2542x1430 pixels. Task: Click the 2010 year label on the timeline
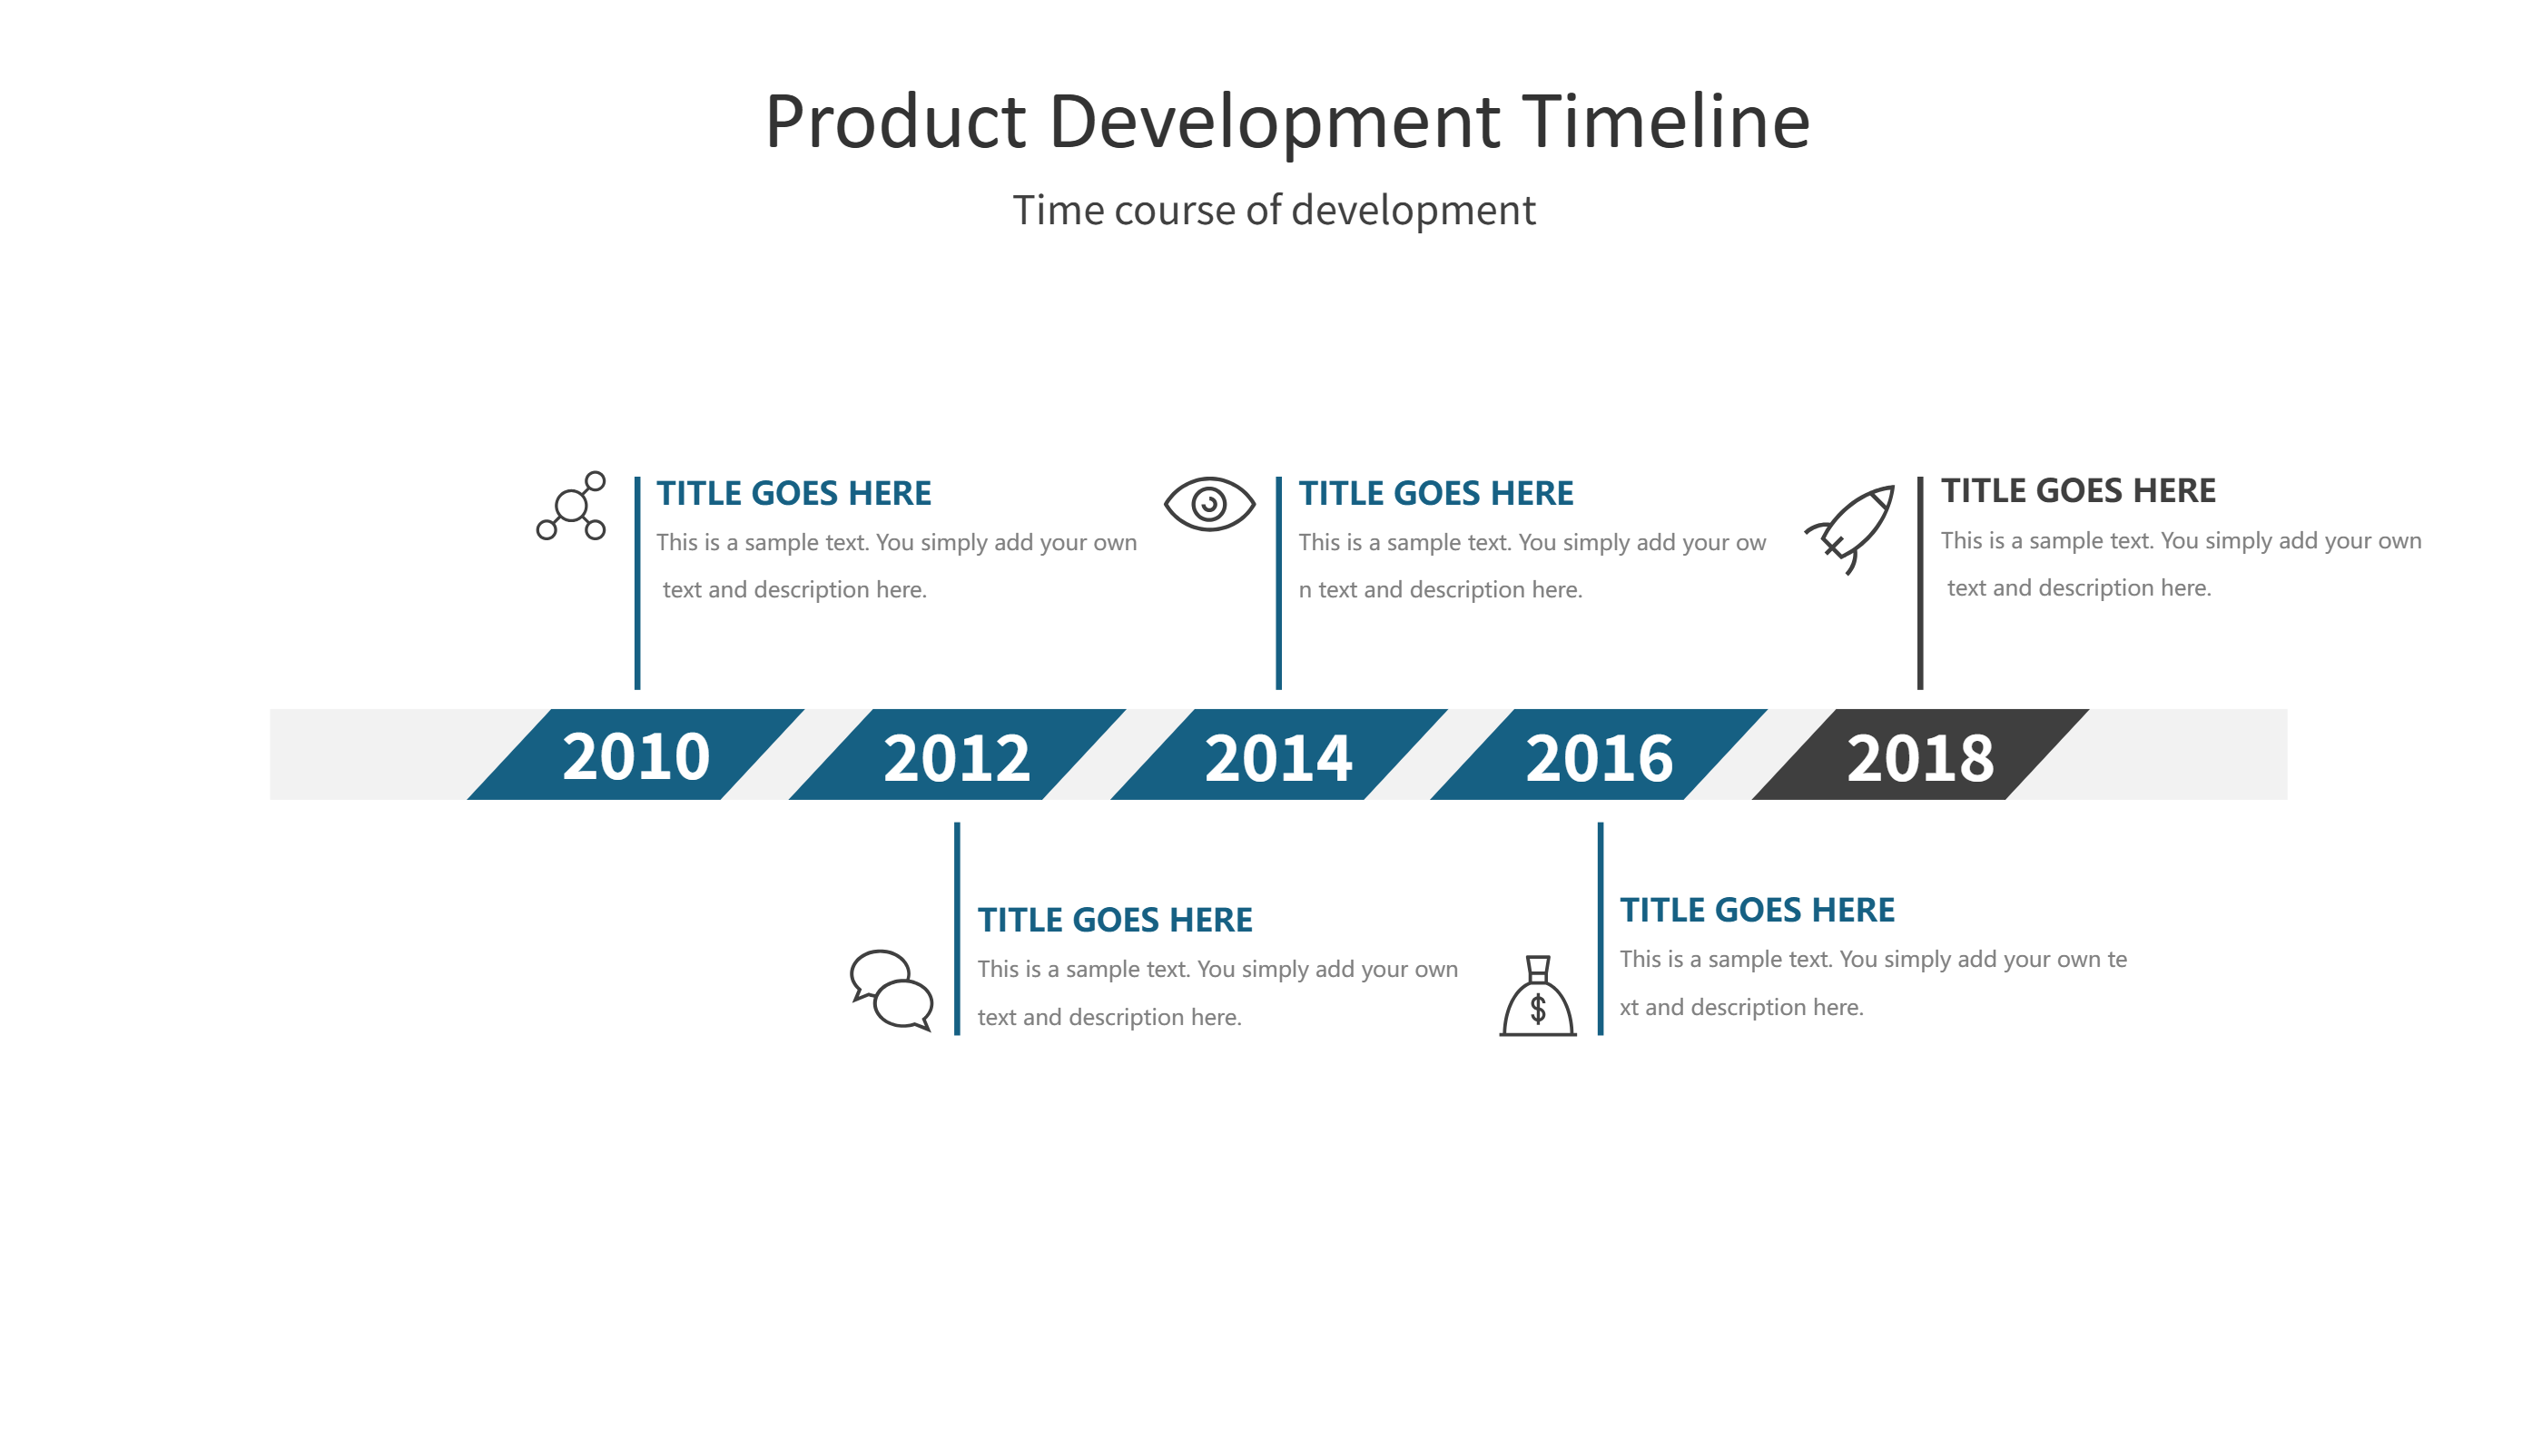click(635, 756)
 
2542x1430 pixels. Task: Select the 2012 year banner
click(956, 756)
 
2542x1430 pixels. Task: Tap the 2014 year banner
click(1278, 756)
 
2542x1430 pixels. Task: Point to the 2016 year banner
click(1599, 756)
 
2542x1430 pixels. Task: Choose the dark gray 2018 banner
click(1919, 756)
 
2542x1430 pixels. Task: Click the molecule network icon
click(571, 507)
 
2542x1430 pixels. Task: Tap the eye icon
click(1209, 504)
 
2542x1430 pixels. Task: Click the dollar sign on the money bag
click(1537, 1009)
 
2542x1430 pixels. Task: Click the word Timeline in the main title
click(1665, 123)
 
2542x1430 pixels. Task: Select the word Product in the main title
click(895, 123)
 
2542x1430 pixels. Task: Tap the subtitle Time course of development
click(1273, 211)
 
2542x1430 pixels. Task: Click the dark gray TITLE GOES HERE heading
click(2077, 490)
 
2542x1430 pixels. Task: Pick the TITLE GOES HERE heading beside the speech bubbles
click(1114, 920)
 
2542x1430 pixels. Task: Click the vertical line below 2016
click(1600, 928)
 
